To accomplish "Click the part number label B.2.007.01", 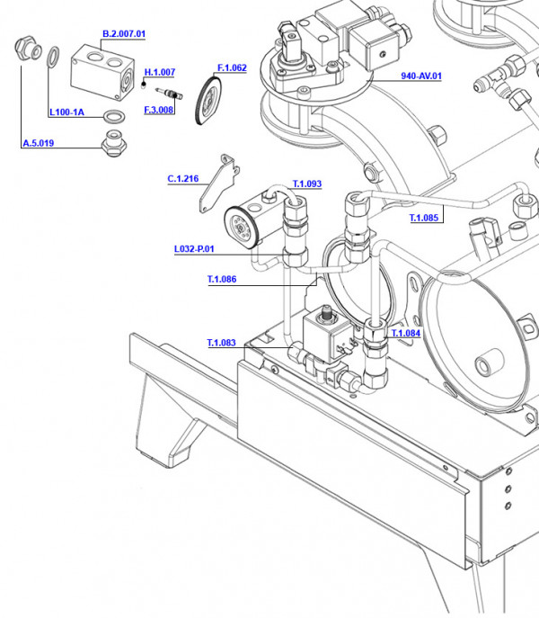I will [124, 34].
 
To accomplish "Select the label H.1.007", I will [160, 72].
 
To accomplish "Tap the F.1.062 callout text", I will [231, 68].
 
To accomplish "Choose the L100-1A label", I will [66, 112].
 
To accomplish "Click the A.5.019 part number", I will [39, 143].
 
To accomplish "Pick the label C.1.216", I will [182, 178].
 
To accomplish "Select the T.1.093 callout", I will [306, 184].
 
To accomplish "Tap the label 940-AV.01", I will [421, 76].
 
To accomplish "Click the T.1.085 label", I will [424, 218].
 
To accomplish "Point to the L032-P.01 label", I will [195, 249].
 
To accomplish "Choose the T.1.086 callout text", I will [221, 280].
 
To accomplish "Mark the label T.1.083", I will [221, 342].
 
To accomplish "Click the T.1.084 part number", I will [405, 334].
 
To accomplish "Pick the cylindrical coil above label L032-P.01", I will [243, 223].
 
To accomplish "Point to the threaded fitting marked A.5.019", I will [112, 142].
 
